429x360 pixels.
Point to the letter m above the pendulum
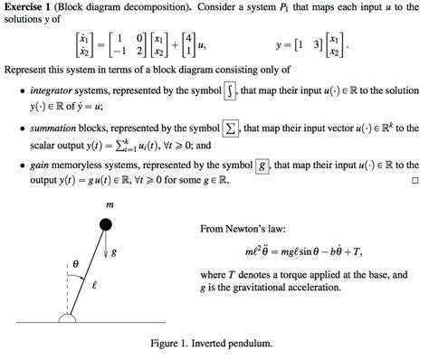110,204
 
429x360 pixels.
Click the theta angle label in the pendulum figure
76,265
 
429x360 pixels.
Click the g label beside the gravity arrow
125,250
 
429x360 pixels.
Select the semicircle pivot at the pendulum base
68,317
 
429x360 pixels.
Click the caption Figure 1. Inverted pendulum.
214,344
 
